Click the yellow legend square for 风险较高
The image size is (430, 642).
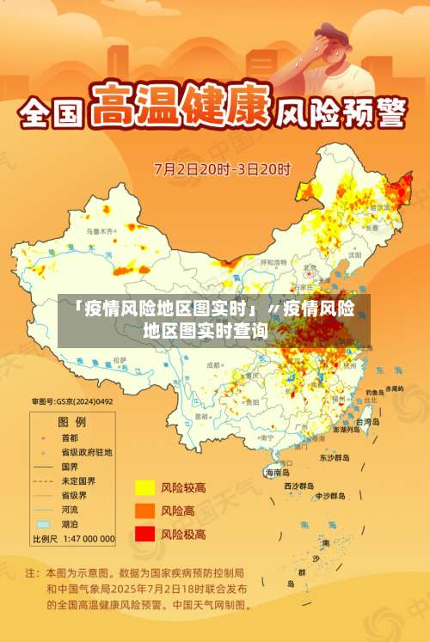[144, 488]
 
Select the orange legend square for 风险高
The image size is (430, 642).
[144, 511]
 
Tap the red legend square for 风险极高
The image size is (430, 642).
[144, 534]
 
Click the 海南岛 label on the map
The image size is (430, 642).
[278, 473]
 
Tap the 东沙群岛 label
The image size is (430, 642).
[335, 458]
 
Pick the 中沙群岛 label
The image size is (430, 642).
[329, 496]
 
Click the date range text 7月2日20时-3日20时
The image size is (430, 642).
[222, 168]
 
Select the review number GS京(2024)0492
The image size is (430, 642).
[72, 400]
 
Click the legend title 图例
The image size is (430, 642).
[71, 422]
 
